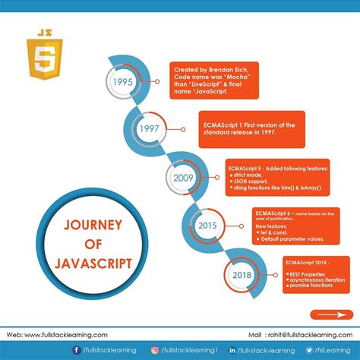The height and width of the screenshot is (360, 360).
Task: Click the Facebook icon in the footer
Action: tap(77, 350)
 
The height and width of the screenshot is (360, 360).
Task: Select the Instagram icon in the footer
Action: tap(154, 350)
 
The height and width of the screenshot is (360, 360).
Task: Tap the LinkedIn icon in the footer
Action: tap(234, 350)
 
